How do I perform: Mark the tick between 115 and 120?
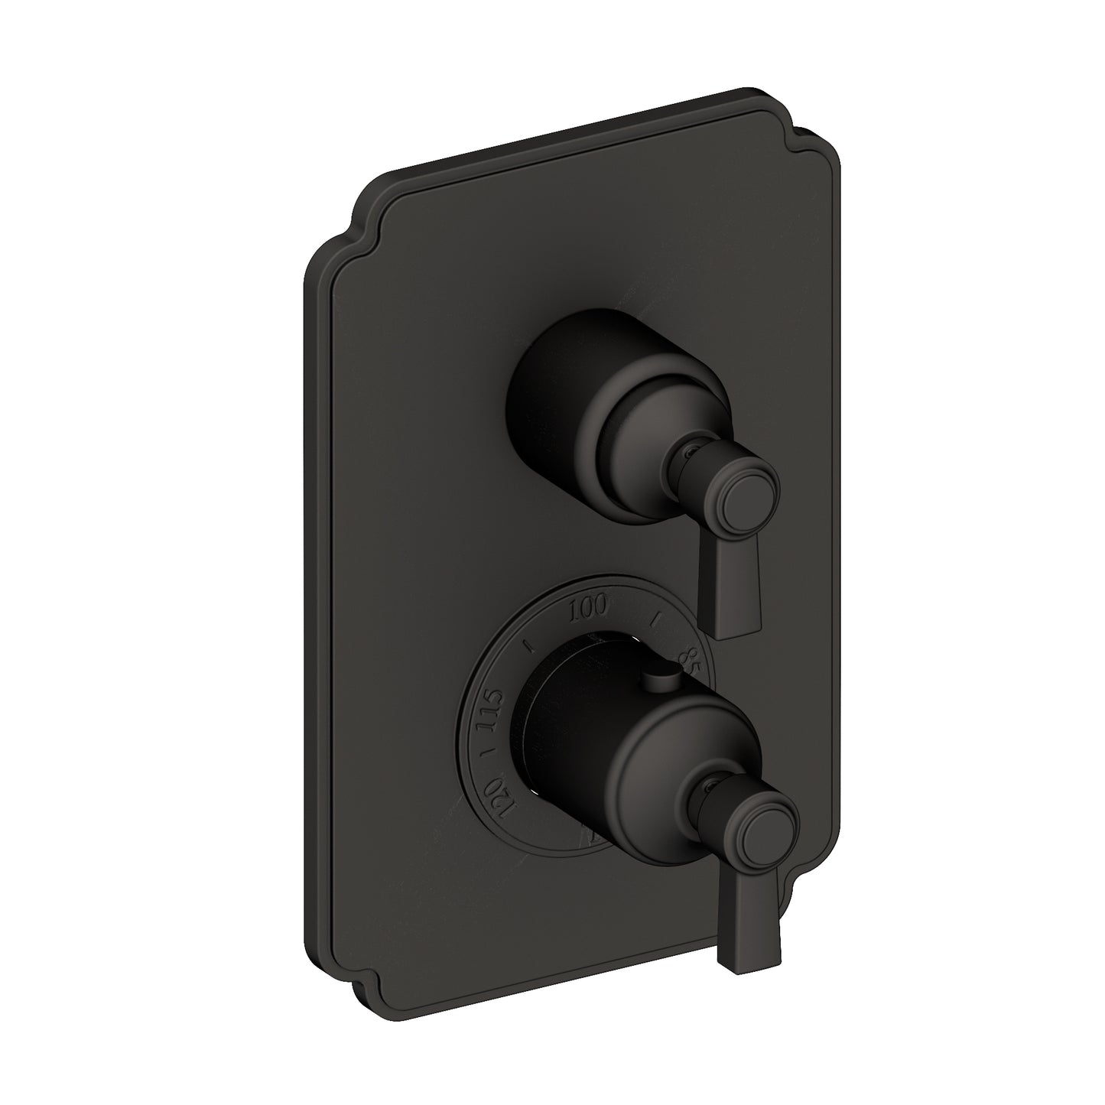(x=483, y=756)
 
